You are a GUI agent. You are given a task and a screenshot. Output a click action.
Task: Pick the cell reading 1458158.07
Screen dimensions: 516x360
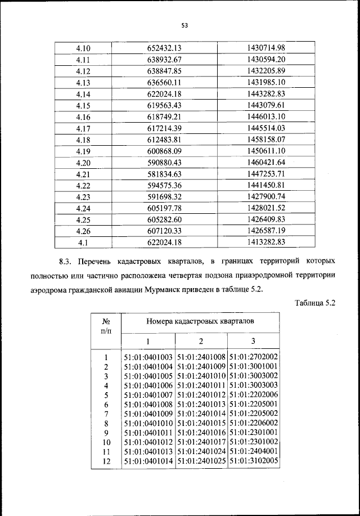[x=267, y=139]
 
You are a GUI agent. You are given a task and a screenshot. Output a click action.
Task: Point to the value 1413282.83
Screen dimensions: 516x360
[x=267, y=243]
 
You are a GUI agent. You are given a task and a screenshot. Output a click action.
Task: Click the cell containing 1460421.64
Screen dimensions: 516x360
[x=267, y=162]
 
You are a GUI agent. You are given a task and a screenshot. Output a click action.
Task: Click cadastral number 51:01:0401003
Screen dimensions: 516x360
[x=148, y=357]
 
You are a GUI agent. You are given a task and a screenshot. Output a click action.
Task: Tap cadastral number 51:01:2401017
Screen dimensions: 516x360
[x=201, y=442]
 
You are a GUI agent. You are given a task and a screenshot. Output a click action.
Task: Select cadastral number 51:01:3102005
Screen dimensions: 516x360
[x=254, y=461]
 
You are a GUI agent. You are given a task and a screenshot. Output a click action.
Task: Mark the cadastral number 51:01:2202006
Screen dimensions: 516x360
[x=254, y=395]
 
